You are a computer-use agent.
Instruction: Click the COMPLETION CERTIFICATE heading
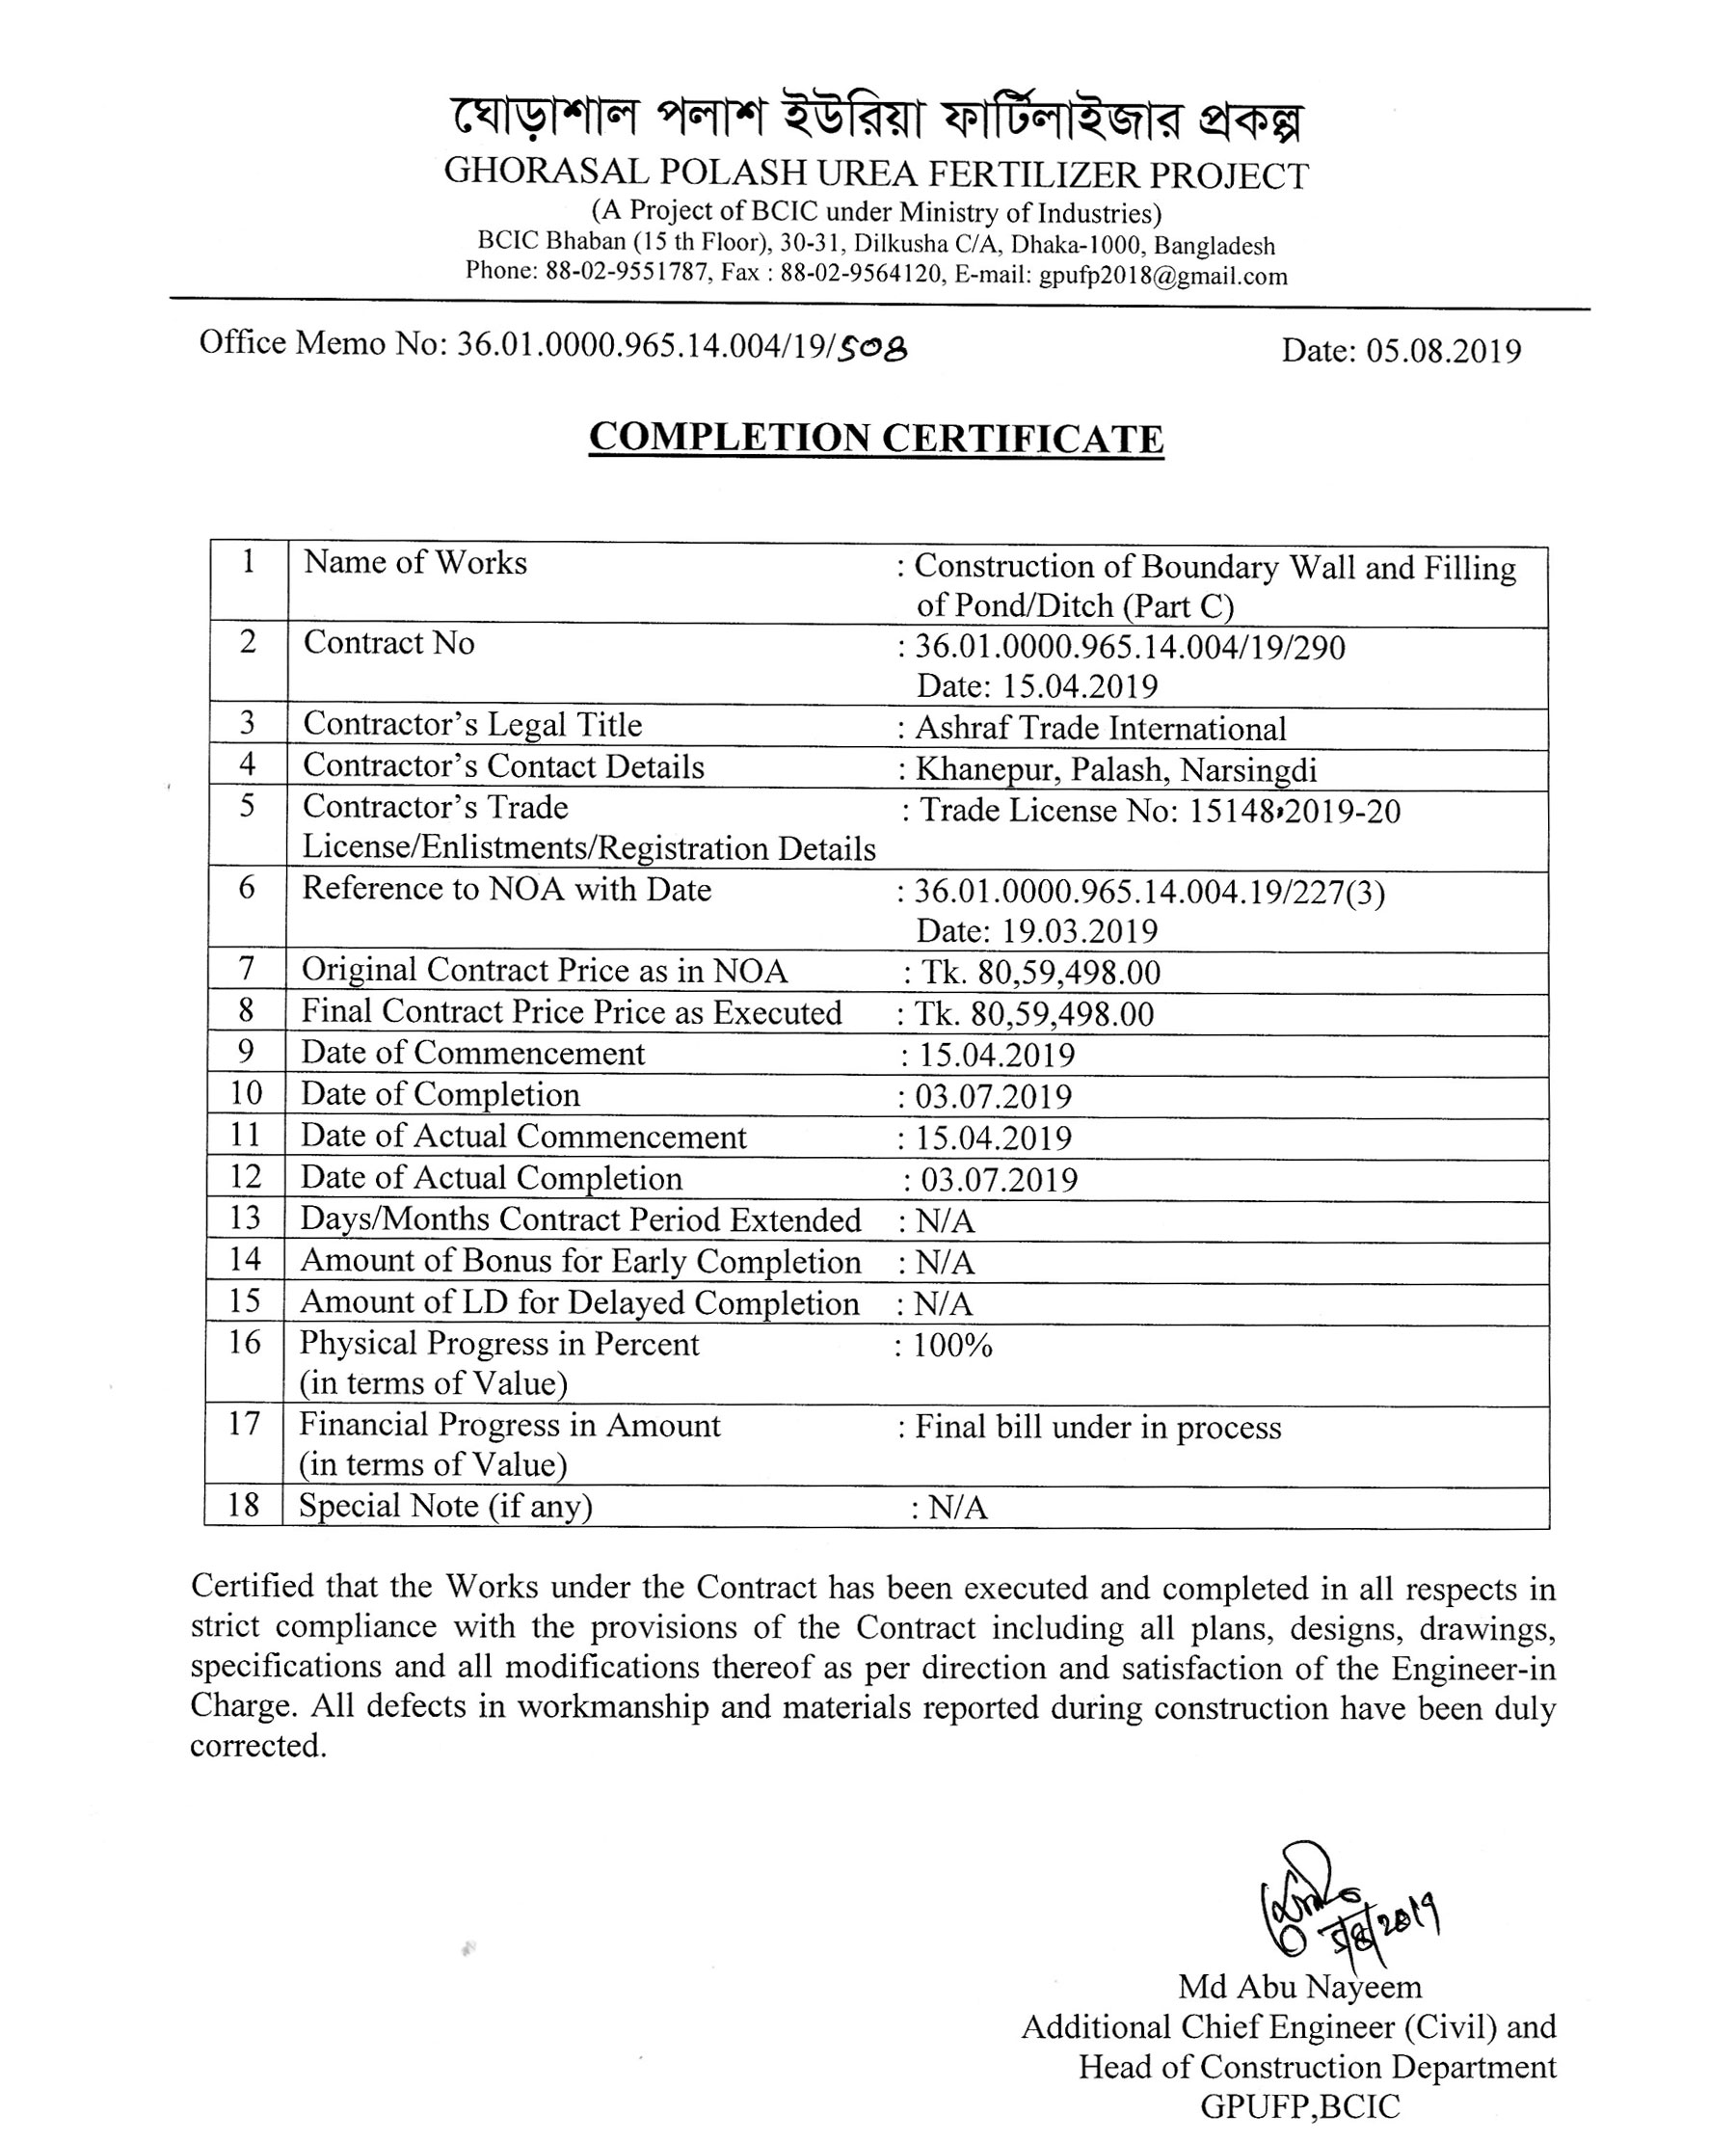(875, 438)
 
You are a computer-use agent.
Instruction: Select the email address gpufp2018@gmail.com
(1162, 276)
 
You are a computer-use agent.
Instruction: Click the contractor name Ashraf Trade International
(1101, 729)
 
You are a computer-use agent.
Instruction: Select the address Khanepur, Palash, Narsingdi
(1116, 769)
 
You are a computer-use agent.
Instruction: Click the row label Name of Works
(414, 563)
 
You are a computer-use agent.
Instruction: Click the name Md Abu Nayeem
(1299, 1986)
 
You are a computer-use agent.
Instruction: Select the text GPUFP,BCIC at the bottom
(1299, 2106)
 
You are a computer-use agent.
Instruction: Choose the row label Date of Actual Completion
(492, 1178)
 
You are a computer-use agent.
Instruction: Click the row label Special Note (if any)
(445, 1506)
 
